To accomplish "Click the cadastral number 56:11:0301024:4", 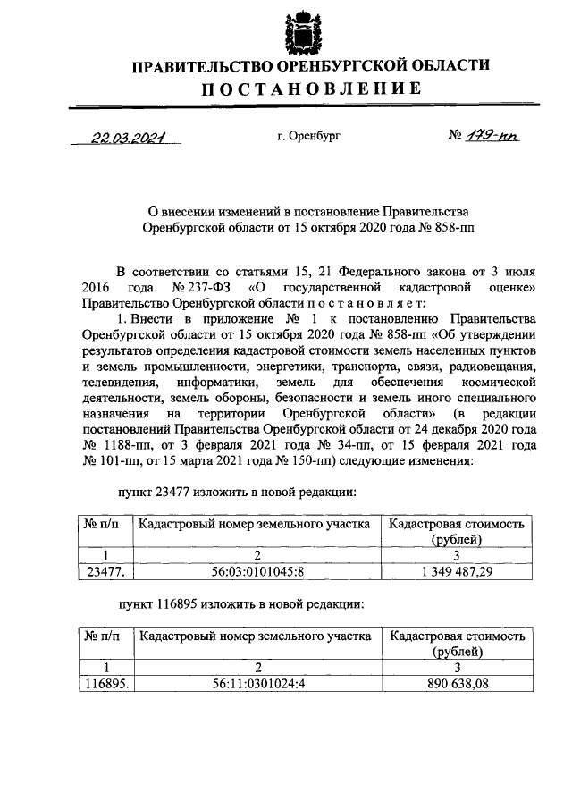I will (x=257, y=684).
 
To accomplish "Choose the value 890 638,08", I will (x=457, y=684).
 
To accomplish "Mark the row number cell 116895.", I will (x=105, y=684).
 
